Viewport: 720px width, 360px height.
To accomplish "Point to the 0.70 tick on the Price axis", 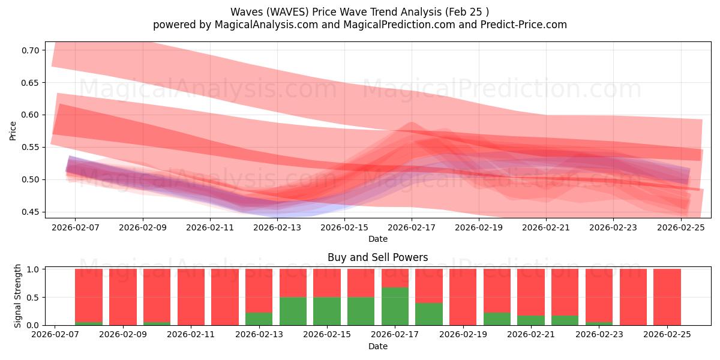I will [x=29, y=50].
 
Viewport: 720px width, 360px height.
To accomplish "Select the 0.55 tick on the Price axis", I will [x=29, y=148].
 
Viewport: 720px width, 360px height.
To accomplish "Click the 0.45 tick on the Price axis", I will [x=29, y=212].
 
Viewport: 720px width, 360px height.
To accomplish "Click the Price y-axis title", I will [x=13, y=130].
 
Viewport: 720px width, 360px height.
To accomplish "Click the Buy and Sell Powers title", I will [x=377, y=257].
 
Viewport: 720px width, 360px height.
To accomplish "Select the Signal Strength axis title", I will [x=18, y=296].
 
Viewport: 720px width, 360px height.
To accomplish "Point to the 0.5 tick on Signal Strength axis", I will [x=34, y=298].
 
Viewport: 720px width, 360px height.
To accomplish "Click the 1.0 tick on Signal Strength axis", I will [x=34, y=269].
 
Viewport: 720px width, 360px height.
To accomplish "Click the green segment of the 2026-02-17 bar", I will [x=395, y=306].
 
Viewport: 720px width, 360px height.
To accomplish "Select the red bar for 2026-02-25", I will [x=667, y=297].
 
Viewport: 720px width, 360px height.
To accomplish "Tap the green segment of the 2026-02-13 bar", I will [x=259, y=319].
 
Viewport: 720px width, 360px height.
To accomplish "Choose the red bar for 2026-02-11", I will [x=191, y=297].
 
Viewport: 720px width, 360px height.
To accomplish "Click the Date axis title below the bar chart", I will [x=377, y=346].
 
